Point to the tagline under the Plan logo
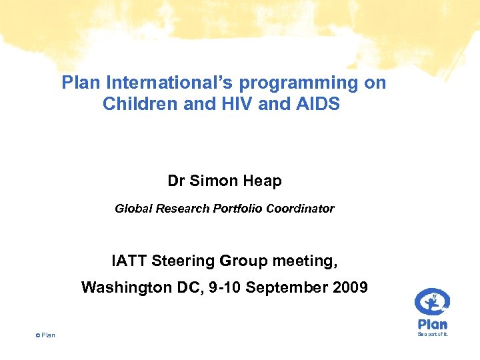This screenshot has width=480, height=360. coord(433,334)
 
